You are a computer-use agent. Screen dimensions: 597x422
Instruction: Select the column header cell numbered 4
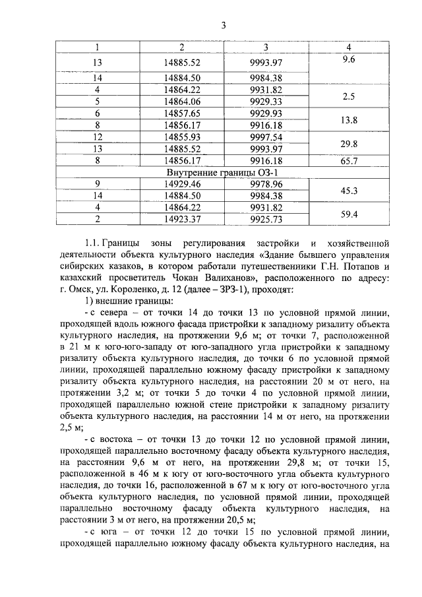click(349, 47)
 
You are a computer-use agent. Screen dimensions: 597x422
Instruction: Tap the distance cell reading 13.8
click(349, 119)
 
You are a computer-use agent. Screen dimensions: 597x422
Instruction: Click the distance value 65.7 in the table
click(349, 161)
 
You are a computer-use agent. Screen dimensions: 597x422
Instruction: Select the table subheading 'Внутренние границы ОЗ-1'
click(211, 173)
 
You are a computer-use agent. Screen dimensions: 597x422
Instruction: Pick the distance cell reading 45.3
click(349, 191)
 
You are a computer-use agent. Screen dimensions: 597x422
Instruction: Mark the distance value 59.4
click(349, 214)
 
